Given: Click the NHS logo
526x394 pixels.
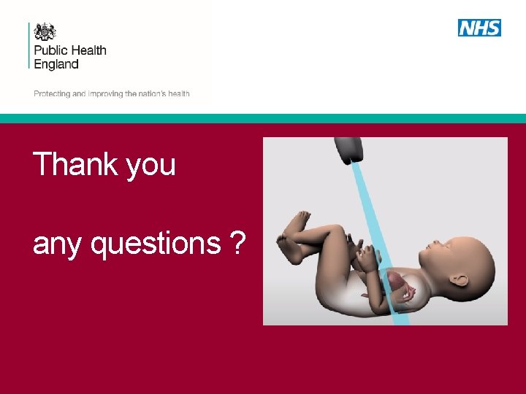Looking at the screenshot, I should [479, 28].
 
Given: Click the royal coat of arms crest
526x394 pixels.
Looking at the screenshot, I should [45, 32].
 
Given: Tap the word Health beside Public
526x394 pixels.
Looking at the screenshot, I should [89, 50].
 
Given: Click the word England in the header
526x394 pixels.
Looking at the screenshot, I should [56, 64].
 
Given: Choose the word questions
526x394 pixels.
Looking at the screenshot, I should [156, 243].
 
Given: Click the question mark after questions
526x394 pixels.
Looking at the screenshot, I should [237, 242].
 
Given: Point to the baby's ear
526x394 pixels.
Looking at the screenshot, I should [460, 279].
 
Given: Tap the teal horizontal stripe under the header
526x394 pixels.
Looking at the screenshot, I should [263, 118].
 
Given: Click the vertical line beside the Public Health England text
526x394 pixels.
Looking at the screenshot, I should [29, 45].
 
